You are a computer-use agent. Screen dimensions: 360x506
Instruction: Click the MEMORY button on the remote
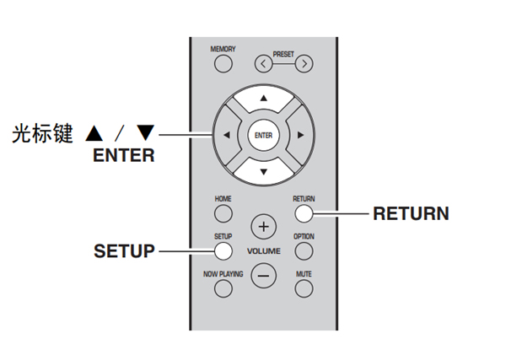pos(223,63)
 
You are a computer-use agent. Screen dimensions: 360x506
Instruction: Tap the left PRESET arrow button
pos(266,63)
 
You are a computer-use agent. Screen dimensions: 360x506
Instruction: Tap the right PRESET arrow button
pos(303,63)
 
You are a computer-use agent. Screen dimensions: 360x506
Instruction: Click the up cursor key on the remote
pos(263,100)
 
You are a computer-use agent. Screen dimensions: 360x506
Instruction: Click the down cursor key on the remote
pos(263,171)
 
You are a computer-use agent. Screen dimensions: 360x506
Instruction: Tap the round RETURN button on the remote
pos(304,213)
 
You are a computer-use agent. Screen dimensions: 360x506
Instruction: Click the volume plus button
pos(264,227)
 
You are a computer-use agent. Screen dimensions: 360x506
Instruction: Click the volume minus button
pos(264,275)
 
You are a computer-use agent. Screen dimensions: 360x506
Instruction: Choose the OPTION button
pos(304,250)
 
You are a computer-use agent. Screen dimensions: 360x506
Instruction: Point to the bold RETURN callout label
pos(411,213)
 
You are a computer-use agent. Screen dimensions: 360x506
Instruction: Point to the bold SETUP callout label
pos(124,251)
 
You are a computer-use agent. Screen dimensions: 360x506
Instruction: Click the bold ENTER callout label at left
pos(124,155)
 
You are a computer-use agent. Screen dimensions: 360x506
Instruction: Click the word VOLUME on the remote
pos(264,251)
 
